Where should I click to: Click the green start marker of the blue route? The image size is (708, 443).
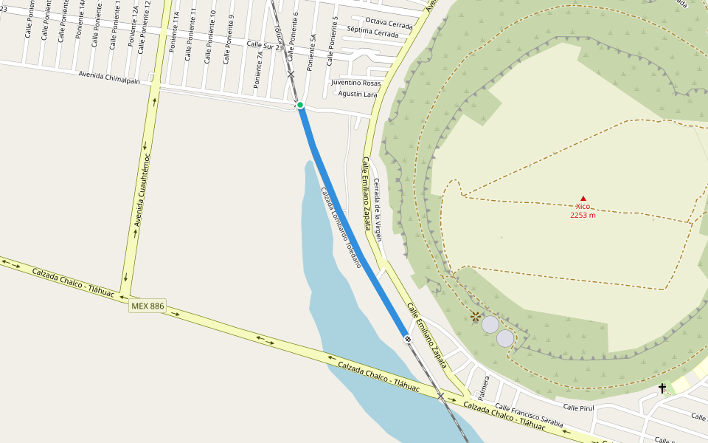300,106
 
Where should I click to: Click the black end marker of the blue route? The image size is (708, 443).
408,337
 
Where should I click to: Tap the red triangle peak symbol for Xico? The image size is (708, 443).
583,198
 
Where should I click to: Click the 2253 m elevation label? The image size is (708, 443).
583,215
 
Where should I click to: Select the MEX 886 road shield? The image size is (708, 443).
147,306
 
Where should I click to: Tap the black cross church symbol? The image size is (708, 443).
662,388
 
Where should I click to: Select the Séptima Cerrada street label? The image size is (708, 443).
372,33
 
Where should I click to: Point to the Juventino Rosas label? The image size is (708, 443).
356,83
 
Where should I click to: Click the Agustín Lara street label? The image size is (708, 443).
358,94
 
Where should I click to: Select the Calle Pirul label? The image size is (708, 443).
578,407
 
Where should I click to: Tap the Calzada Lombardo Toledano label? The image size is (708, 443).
341,227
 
